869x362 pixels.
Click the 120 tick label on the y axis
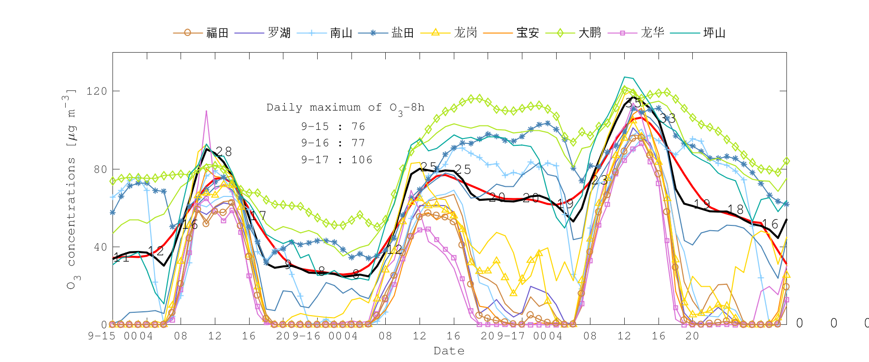pos(96,91)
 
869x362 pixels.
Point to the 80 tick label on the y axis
pos(99,169)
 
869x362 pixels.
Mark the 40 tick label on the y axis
pos(99,247)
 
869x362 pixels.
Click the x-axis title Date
pos(449,351)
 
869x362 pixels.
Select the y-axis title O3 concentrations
pos(71,188)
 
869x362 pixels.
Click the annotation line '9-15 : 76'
pos(333,126)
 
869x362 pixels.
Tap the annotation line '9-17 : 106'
pos(336,160)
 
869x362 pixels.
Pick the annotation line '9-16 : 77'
pos(333,143)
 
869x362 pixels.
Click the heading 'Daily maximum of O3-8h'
pos(345,108)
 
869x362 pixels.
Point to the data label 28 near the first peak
pos(224,152)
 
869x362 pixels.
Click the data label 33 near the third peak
pos(668,118)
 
